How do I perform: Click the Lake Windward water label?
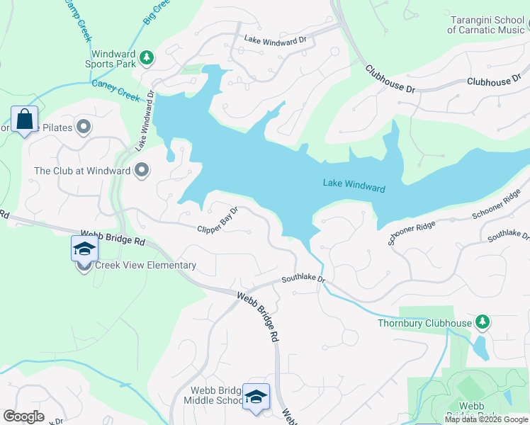click(354, 185)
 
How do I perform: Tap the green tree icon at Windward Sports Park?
click(147, 57)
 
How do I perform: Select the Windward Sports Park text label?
click(113, 59)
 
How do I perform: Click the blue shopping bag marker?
click(25, 120)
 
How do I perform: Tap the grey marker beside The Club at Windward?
click(142, 170)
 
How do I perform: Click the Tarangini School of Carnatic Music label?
click(485, 24)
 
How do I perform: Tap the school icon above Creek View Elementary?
click(84, 249)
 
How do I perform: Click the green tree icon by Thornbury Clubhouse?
click(482, 323)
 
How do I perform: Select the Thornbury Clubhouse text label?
click(424, 324)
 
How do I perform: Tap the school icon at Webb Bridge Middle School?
click(256, 396)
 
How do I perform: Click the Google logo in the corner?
click(23, 416)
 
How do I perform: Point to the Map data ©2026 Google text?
click(486, 419)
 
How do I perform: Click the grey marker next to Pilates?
click(84, 127)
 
